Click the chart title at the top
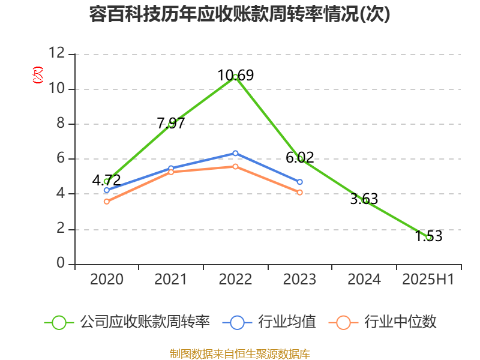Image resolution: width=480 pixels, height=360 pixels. [x=239, y=14]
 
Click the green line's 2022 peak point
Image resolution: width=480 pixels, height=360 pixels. [x=235, y=77]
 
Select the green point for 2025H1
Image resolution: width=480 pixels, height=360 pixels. [x=428, y=237]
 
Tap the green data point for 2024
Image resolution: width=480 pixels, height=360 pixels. [x=365, y=200]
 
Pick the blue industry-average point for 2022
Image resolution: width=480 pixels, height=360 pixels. [x=235, y=153]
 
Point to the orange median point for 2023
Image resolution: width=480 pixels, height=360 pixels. [x=300, y=193]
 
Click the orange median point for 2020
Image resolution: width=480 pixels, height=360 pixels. [x=107, y=202]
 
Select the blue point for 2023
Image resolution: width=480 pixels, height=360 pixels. [x=300, y=182]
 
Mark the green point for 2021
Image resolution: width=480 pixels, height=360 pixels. [x=171, y=124]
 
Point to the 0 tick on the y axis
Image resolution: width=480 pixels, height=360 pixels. [x=61, y=264]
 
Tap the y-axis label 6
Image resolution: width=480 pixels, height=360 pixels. [x=61, y=159]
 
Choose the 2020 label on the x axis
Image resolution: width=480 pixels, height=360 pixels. [x=107, y=280]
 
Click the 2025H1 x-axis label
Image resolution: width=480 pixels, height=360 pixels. [x=428, y=280]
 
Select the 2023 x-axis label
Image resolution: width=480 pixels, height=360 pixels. [x=300, y=280]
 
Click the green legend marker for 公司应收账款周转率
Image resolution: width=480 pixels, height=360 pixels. [x=59, y=322]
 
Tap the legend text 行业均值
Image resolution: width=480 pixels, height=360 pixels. [x=287, y=322]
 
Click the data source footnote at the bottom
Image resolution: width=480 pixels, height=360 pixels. [x=239, y=353]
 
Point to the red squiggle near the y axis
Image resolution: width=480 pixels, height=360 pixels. [x=38, y=75]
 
